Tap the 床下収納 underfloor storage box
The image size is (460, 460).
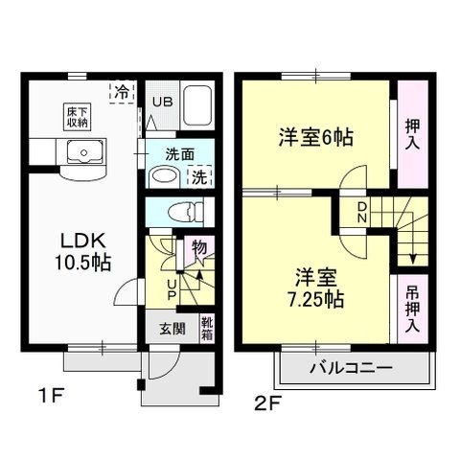(78, 117)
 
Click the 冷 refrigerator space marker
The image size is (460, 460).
(124, 92)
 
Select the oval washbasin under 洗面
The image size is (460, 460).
(164, 176)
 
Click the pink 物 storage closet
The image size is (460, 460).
(198, 250)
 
